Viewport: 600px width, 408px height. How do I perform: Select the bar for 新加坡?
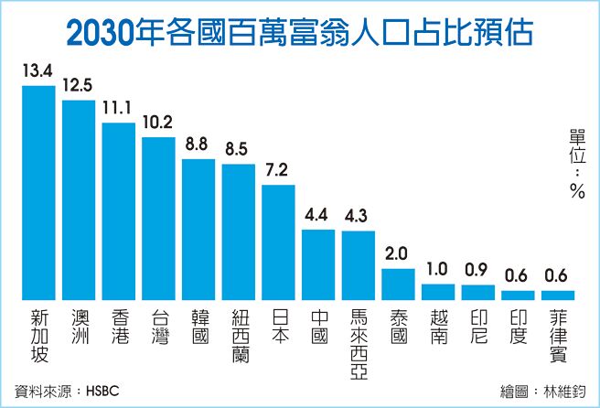[x=38, y=193]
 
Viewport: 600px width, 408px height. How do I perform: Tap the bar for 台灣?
[x=158, y=219]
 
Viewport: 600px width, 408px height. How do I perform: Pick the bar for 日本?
[x=278, y=242]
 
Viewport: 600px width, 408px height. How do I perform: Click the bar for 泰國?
[x=398, y=285]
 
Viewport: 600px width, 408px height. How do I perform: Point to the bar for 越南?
[x=438, y=292]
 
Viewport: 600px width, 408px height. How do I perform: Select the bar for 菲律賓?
[x=558, y=295]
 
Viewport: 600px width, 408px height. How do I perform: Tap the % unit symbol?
[x=576, y=190]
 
